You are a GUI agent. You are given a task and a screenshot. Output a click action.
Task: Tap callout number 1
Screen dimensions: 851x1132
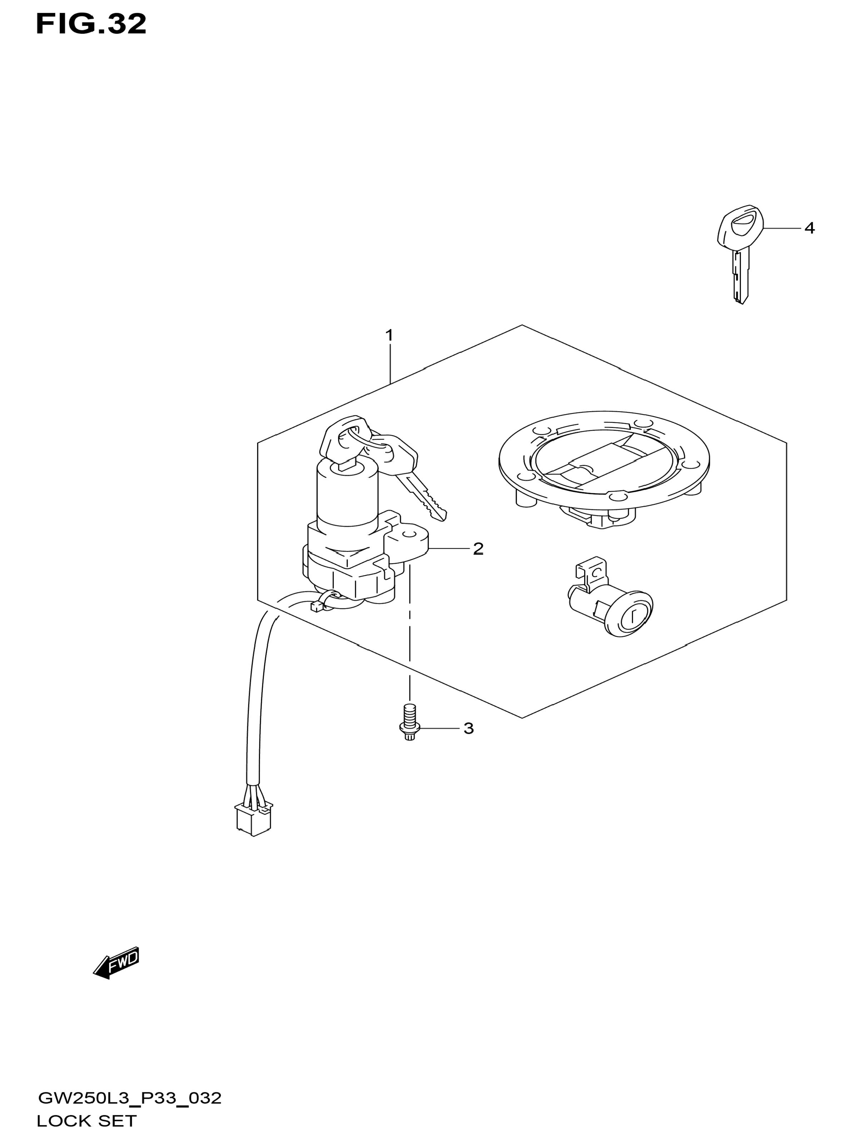pyautogui.click(x=389, y=336)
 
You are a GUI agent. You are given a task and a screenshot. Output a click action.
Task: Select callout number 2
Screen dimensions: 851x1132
pyautogui.click(x=478, y=549)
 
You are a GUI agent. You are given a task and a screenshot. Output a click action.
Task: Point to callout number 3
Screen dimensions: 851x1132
pyautogui.click(x=468, y=728)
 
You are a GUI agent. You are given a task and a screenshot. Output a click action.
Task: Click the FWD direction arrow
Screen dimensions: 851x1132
pyautogui.click(x=116, y=963)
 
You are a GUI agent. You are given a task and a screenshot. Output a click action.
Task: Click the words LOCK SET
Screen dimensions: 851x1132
pyautogui.click(x=86, y=1121)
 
